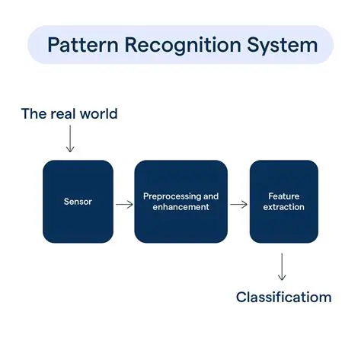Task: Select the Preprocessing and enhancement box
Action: (x=180, y=201)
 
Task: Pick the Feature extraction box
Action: (x=284, y=201)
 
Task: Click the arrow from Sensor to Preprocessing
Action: (x=124, y=204)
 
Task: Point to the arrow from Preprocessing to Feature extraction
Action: (x=238, y=204)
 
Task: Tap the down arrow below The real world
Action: (x=70, y=139)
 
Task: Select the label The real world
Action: (x=69, y=114)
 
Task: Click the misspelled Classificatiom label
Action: (x=283, y=297)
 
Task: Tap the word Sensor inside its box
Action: (x=78, y=202)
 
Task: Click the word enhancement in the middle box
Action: (x=180, y=207)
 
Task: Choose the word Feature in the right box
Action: (x=284, y=196)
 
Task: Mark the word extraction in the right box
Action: (x=284, y=207)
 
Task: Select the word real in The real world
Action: (x=62, y=114)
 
